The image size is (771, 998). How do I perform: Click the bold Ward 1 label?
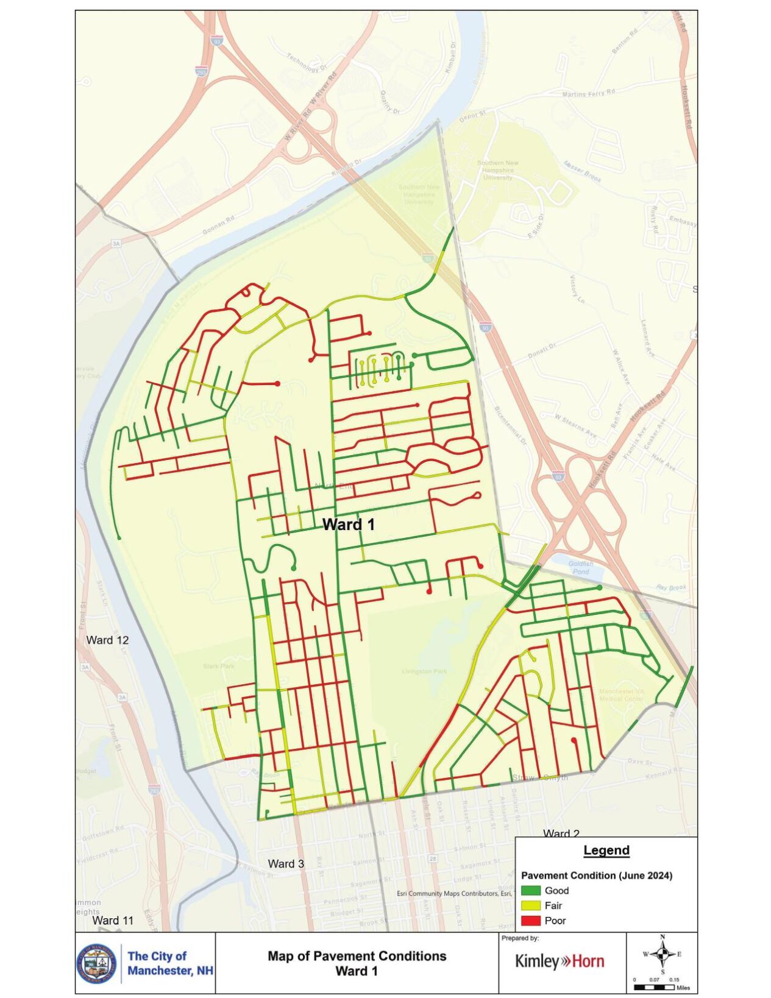coord(348,524)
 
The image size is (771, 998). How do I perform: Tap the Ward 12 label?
coord(107,640)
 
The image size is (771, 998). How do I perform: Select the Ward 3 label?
coord(286,863)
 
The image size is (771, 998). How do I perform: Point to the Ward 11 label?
coord(113,920)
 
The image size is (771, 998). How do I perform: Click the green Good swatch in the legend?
coord(530,891)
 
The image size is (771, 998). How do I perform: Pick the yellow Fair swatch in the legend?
coord(530,906)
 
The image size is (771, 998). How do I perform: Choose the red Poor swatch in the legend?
coord(530,921)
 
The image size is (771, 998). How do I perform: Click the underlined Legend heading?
coord(606,850)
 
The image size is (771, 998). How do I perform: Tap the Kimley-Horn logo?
coord(560,961)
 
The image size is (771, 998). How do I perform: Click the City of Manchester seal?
coord(96,964)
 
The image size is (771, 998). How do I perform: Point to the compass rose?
coord(663,954)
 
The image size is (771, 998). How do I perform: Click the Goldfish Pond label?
coord(580,567)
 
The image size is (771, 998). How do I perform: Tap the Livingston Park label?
coord(424,671)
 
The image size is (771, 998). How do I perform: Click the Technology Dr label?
coord(307,62)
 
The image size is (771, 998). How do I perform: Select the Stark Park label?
coord(218,666)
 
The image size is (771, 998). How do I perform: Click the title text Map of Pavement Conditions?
coord(357,956)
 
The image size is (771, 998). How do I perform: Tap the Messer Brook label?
coord(582,171)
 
